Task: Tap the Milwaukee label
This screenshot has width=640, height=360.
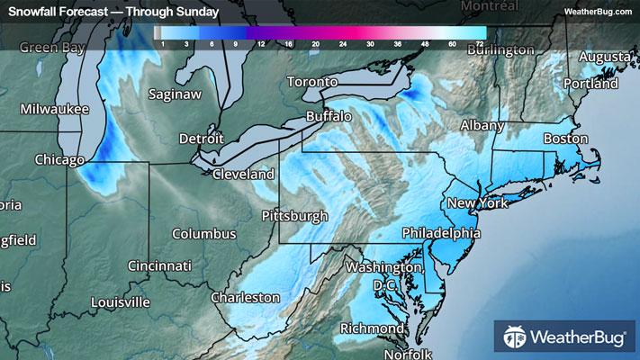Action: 55,109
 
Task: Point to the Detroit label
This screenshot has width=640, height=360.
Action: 201,139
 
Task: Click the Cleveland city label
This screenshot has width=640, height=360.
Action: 242,173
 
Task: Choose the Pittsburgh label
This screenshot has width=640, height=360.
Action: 294,216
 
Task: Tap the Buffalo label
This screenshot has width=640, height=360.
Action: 328,116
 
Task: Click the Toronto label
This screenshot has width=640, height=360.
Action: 311,82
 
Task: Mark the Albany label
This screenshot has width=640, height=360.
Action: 482,125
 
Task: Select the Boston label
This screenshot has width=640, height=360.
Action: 565,139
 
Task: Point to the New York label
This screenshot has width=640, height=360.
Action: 478,202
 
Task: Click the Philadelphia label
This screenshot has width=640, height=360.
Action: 441,232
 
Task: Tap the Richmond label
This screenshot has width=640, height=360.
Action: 372,328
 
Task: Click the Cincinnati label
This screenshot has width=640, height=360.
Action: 159,265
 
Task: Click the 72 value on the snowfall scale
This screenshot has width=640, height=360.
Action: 481,42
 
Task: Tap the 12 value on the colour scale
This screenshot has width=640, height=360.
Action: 260,42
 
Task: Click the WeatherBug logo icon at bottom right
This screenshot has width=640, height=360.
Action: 516,338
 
